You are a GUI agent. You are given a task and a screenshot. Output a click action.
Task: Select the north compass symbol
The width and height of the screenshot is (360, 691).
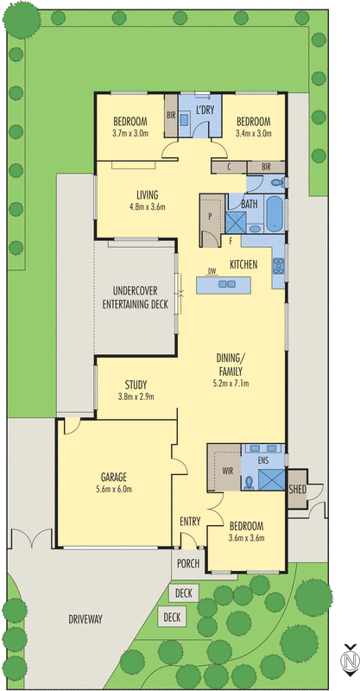pyautogui.click(x=348, y=661)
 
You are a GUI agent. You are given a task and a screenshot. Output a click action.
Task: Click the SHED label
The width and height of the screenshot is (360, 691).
pyautogui.click(x=297, y=489)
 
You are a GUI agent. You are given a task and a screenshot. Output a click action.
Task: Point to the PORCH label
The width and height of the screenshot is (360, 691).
pyautogui.click(x=188, y=564)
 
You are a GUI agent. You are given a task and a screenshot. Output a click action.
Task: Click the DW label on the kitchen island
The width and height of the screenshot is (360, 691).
pyautogui.click(x=211, y=270)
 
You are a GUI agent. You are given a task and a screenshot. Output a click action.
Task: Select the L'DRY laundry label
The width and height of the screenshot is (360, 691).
pyautogui.click(x=205, y=111)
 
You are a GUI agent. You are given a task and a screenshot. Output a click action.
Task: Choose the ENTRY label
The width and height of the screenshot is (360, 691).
pyautogui.click(x=190, y=522)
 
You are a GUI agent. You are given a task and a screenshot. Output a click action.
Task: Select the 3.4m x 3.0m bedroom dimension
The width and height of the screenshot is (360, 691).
pyautogui.click(x=254, y=134)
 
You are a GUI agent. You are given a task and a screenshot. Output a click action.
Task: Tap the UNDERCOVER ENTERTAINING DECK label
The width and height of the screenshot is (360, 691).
pyautogui.click(x=135, y=297)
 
